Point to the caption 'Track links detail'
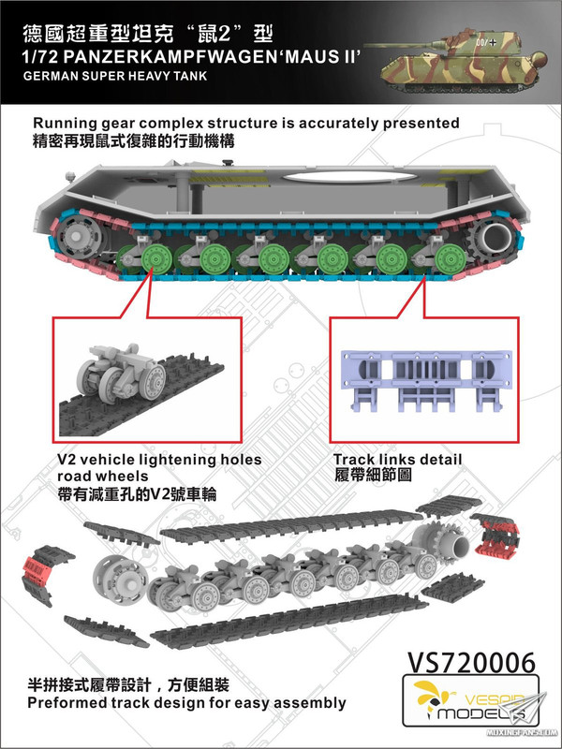click(398, 459)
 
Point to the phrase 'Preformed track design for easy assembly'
click(188, 702)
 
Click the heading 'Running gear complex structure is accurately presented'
click(246, 123)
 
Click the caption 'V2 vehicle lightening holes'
click(147, 460)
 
